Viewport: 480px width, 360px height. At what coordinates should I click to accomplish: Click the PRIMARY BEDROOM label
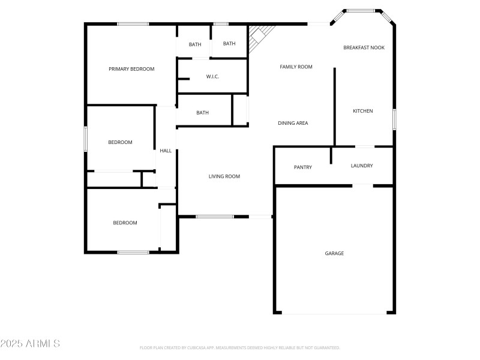tap(131, 69)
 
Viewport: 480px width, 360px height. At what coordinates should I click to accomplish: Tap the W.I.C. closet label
tap(212, 77)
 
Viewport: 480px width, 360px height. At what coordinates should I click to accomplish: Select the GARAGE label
tap(334, 253)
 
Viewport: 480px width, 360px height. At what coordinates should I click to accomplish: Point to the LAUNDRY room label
tap(362, 166)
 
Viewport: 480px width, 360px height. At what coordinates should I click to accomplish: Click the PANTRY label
tap(302, 167)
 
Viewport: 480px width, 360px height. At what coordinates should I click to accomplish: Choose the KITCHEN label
tap(362, 111)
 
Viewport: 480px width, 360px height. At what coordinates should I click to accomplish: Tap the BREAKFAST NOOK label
tap(364, 47)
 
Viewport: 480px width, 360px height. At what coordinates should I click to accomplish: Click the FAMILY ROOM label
tap(296, 67)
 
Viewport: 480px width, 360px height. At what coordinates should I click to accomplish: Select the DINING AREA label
tap(293, 123)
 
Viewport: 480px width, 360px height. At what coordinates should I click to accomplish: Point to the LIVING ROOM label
tap(224, 176)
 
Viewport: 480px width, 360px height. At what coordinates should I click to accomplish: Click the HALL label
tap(166, 151)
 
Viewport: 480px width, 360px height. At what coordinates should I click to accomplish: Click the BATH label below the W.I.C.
tap(202, 113)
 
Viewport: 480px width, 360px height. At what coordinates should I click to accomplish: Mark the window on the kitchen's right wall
tap(394, 119)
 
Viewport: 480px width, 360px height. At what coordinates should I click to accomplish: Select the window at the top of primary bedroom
tap(133, 24)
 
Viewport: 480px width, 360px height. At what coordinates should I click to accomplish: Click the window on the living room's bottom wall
tap(215, 216)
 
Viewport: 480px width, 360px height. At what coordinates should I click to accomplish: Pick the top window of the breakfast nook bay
tap(362, 10)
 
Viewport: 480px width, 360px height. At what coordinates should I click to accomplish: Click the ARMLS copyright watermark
tap(30, 344)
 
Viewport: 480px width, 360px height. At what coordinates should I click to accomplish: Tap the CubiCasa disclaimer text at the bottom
tap(240, 347)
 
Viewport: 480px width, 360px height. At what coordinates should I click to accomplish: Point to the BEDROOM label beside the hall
tap(120, 142)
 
